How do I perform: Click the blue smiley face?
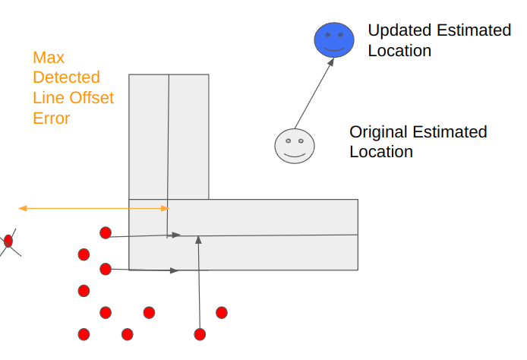(334, 39)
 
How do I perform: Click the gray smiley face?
(294, 146)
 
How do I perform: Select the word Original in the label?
(377, 131)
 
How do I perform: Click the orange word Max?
(47, 58)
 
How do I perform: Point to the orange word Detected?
(66, 77)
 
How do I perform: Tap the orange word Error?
(52, 118)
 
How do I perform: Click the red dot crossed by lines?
(8, 241)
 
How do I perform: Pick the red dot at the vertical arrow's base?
(200, 333)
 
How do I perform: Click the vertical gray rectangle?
(169, 137)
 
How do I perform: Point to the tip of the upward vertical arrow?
(197, 238)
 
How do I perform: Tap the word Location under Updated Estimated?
(399, 51)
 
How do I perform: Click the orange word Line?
(47, 98)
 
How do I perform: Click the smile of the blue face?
(334, 48)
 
